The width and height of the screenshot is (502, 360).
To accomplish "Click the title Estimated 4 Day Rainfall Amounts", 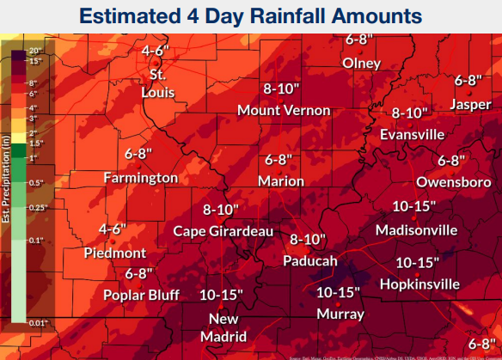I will [x=251, y=15].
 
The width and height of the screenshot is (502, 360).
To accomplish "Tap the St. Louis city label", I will [x=156, y=79].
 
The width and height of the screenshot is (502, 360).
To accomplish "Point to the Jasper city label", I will [x=471, y=104].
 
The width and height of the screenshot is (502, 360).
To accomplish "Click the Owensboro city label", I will [x=453, y=182].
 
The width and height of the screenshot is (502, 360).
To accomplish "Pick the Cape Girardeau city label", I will [x=223, y=231].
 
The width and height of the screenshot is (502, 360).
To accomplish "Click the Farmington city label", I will [x=140, y=178].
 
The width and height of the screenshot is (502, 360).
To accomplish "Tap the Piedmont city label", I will [x=115, y=253].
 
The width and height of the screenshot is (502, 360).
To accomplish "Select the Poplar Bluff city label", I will [x=139, y=296].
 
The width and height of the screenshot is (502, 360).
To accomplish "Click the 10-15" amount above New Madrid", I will [x=221, y=294].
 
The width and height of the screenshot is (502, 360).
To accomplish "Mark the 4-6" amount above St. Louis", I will [x=154, y=51].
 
